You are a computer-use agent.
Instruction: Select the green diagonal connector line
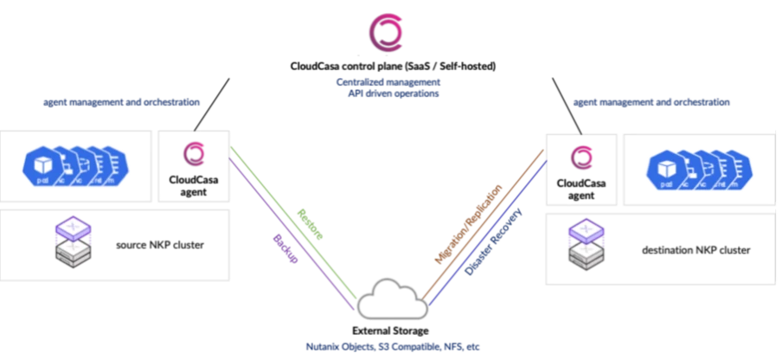pos(294,216)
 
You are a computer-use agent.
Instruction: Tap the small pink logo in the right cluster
pos(580,157)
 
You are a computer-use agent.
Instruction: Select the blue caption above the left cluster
pos(122,102)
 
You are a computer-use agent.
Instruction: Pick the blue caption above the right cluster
pos(651,102)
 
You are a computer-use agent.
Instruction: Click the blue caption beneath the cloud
pos(391,345)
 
